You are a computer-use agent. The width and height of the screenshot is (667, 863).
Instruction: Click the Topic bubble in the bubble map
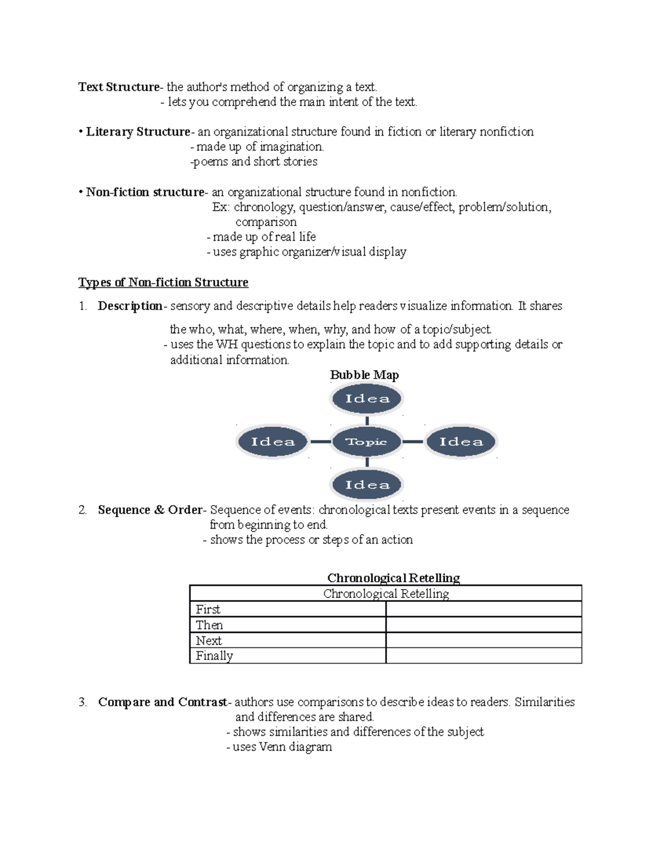(x=366, y=442)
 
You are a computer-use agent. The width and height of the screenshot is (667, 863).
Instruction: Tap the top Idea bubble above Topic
(x=367, y=398)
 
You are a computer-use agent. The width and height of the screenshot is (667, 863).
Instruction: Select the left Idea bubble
(x=273, y=442)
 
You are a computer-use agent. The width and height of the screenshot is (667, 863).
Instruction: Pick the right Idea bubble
(x=461, y=442)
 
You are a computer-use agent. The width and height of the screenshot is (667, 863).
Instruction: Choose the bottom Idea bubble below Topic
(x=367, y=485)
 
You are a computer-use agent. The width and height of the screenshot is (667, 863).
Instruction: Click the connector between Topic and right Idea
(x=412, y=442)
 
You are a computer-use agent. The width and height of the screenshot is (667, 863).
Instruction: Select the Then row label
(x=209, y=625)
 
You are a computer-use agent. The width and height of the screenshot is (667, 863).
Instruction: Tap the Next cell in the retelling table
(x=208, y=640)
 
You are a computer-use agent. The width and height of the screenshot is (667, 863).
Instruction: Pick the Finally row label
(x=214, y=656)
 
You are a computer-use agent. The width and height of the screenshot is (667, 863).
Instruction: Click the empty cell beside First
(x=483, y=609)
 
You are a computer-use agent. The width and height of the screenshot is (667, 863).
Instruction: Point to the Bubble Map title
(x=364, y=375)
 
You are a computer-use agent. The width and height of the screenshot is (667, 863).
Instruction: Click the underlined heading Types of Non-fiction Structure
(x=163, y=282)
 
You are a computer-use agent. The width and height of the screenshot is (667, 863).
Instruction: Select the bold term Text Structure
(x=118, y=87)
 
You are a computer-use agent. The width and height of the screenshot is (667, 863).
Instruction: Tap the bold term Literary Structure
(x=138, y=132)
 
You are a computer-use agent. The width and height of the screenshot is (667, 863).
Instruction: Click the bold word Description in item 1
(x=130, y=306)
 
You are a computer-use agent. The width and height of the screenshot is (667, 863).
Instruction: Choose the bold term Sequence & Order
(x=150, y=510)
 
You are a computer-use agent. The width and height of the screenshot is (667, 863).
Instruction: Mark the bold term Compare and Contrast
(x=162, y=702)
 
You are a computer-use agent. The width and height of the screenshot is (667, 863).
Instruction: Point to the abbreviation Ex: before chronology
(x=221, y=207)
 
